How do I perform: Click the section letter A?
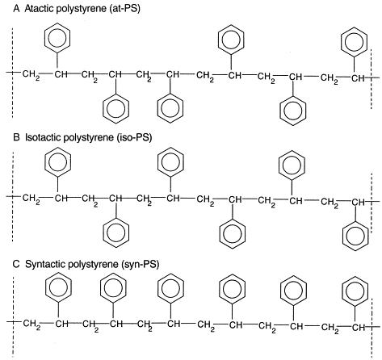[x=17, y=9]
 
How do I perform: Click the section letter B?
[x=16, y=138]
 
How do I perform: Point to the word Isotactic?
[x=41, y=138]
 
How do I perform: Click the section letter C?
[x=16, y=264]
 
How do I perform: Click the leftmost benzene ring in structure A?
[x=57, y=37]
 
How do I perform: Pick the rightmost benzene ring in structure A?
[x=354, y=42]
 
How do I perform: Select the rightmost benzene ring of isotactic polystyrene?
[x=355, y=236]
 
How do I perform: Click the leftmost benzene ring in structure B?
[x=57, y=162]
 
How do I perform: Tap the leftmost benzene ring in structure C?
[x=58, y=287]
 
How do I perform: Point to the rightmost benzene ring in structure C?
[x=355, y=291]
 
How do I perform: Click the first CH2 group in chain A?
[x=31, y=74]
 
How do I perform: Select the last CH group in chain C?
[x=359, y=328]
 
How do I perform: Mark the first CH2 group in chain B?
[x=31, y=199]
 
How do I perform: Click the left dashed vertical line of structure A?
[x=12, y=73]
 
